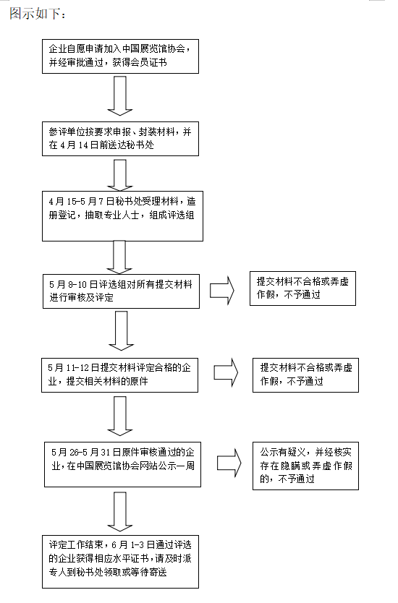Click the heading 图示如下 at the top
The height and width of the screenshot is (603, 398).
[x=38, y=14]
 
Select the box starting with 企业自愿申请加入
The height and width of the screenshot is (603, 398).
[x=120, y=56]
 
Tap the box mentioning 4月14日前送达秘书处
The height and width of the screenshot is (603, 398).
[x=120, y=139]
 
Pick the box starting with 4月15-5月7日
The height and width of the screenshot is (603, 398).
[x=122, y=216]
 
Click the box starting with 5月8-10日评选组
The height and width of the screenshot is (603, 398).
[x=121, y=291]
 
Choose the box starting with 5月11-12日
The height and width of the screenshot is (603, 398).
[x=119, y=375]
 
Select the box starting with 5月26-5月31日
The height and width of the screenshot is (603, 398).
[x=122, y=464]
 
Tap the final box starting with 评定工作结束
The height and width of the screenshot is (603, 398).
[x=120, y=562]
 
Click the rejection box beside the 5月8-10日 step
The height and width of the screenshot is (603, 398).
[x=302, y=288]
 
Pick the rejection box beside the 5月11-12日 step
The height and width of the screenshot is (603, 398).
[x=305, y=375]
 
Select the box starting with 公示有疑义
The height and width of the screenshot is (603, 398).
[x=305, y=466]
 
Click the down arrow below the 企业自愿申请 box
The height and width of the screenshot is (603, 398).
[x=120, y=95]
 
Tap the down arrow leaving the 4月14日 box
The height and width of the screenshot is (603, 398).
[x=120, y=175]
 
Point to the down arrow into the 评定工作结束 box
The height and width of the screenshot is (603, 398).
[x=120, y=512]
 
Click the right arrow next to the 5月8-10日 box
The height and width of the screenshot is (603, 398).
[x=222, y=291]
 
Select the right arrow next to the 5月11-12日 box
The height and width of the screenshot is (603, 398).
[x=226, y=372]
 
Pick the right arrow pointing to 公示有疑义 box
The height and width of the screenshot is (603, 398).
[x=229, y=463]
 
